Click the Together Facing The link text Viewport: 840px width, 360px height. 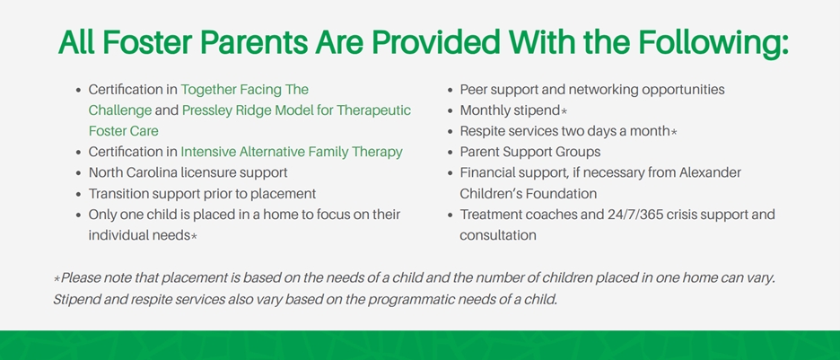click(244, 90)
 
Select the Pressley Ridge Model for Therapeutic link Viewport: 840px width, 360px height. click(296, 110)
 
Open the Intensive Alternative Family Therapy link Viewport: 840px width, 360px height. click(292, 152)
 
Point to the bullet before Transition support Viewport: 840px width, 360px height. click(79, 194)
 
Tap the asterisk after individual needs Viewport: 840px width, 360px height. click(194, 236)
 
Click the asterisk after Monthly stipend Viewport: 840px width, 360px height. click(564, 111)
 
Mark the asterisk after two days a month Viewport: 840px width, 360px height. click(673, 132)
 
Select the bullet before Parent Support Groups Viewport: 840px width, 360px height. click(451, 152)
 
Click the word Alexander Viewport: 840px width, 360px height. click(711, 172)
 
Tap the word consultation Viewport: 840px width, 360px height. click(498, 235)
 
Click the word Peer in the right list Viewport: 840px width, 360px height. click(472, 90)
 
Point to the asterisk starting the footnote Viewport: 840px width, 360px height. click(57, 278)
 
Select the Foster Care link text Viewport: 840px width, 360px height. click(123, 131)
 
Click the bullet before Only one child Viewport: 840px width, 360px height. click(79, 215)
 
